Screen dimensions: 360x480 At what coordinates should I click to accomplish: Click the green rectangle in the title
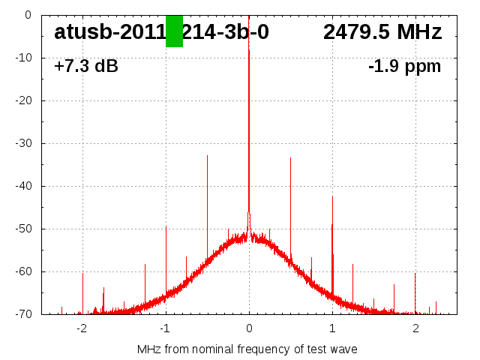pyautogui.click(x=174, y=31)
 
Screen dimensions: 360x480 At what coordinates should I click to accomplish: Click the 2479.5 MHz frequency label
pyautogui.click(x=382, y=32)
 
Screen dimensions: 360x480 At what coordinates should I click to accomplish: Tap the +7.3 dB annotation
pyautogui.click(x=86, y=67)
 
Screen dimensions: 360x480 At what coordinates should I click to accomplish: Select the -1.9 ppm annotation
pyautogui.click(x=404, y=67)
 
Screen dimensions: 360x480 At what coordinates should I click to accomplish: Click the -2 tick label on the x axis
pyautogui.click(x=82, y=328)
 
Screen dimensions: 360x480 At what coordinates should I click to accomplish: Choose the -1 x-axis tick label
pyautogui.click(x=165, y=328)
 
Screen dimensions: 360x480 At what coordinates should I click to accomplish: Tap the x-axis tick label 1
pyautogui.click(x=332, y=328)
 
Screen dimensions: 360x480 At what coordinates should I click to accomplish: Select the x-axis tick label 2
pyautogui.click(x=415, y=328)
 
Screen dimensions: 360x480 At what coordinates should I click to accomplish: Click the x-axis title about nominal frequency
pyautogui.click(x=247, y=349)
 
